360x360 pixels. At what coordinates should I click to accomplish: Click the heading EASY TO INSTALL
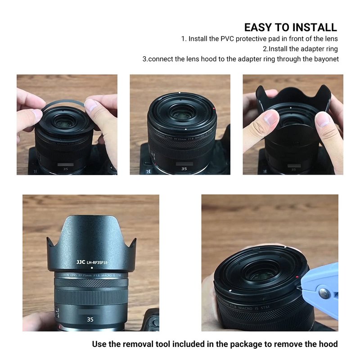[x=290, y=27]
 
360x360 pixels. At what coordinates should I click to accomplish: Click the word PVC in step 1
[x=227, y=39]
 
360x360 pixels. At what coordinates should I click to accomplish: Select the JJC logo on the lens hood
[x=81, y=262]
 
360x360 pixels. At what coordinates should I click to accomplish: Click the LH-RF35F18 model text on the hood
[x=97, y=262]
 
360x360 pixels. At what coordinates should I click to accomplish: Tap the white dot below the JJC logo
[x=92, y=268]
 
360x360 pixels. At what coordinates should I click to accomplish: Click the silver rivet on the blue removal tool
[x=324, y=294]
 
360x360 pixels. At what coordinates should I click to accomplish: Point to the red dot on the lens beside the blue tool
[x=297, y=277]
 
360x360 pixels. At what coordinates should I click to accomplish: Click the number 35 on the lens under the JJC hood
[x=90, y=319]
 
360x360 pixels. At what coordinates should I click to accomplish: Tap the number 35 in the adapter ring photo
[x=184, y=169]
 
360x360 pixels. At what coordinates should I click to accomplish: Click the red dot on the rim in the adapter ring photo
[x=214, y=108]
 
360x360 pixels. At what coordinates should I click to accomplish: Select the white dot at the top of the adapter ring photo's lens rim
[x=180, y=93]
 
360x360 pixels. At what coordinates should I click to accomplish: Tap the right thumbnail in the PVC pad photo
[x=90, y=105]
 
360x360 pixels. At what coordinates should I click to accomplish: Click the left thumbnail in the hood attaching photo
[x=271, y=118]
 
